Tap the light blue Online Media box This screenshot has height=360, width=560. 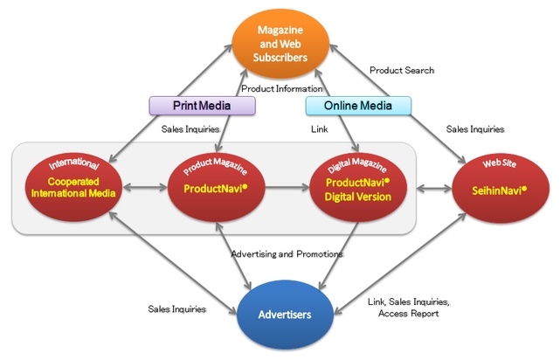(x=358, y=106)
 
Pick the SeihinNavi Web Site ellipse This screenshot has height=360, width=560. (x=494, y=187)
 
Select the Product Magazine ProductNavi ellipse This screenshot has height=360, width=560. (x=215, y=187)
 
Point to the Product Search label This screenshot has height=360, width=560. (x=401, y=70)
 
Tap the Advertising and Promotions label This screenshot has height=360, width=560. (x=288, y=254)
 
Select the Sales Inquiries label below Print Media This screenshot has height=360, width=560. (x=190, y=129)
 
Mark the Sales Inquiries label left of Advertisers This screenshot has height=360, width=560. (x=176, y=309)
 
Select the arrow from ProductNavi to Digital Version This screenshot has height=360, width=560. (x=286, y=187)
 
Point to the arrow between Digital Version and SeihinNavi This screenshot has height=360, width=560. (x=429, y=187)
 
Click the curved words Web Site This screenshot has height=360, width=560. (x=494, y=163)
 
